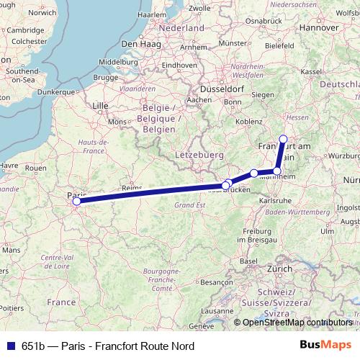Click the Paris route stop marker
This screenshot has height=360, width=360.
pyautogui.click(x=76, y=202)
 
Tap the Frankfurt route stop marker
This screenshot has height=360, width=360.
pyautogui.click(x=283, y=139)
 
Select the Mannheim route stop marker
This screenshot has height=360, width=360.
pyautogui.click(x=277, y=171)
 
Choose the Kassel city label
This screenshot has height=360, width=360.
pyautogui.click(x=310, y=71)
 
